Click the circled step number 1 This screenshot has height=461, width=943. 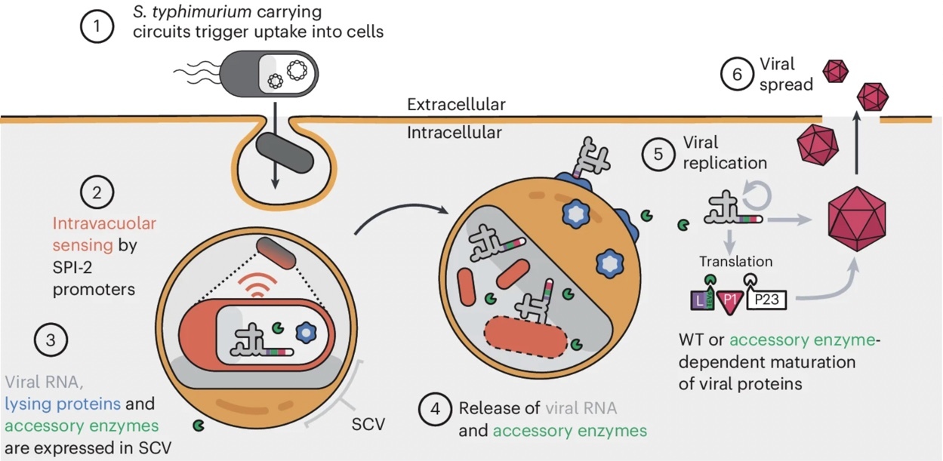[x=97, y=26]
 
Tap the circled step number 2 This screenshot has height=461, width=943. [x=97, y=192]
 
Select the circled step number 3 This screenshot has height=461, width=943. [x=51, y=340]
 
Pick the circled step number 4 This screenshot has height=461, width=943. [x=436, y=409]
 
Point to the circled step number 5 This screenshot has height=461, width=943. [x=658, y=155]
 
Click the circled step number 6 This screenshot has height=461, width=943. [x=737, y=75]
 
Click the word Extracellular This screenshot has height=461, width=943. [x=456, y=104]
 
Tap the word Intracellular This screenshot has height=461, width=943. [x=455, y=133]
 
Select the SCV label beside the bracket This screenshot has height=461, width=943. [x=368, y=424]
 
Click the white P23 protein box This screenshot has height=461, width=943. [x=766, y=300]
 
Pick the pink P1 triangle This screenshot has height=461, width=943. [x=730, y=302]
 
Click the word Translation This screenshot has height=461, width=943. [x=736, y=262]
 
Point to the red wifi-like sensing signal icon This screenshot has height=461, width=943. [x=257, y=284]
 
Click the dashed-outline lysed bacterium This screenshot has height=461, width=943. [x=526, y=337]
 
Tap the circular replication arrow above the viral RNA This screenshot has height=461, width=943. [x=757, y=195]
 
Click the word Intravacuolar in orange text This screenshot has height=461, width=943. [x=104, y=223]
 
